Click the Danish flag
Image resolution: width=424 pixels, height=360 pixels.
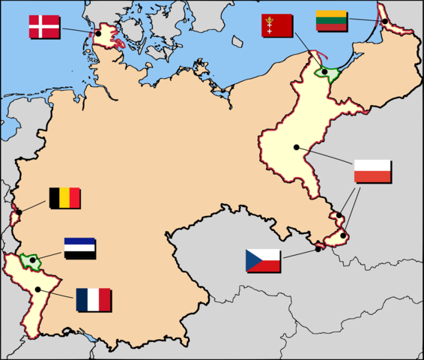44,25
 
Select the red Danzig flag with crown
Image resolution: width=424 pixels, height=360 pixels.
276,25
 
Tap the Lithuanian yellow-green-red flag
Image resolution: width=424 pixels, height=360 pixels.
330,20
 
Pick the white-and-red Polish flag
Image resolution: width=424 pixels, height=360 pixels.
372,171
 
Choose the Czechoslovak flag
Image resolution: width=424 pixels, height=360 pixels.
263,260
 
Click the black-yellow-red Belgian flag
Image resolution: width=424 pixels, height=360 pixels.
64,198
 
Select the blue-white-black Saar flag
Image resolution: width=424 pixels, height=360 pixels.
79,248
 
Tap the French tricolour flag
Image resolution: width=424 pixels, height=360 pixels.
93,300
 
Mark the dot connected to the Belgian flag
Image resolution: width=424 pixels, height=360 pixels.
19,211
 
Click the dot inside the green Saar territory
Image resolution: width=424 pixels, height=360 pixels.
32,259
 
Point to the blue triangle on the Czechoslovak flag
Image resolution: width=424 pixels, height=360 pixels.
252,260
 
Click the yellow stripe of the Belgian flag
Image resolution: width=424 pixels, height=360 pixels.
64,198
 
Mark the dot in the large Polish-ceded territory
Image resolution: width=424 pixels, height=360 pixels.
297,147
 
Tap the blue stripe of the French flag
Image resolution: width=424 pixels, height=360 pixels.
82,300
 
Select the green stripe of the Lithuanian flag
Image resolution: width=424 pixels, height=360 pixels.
330,20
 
